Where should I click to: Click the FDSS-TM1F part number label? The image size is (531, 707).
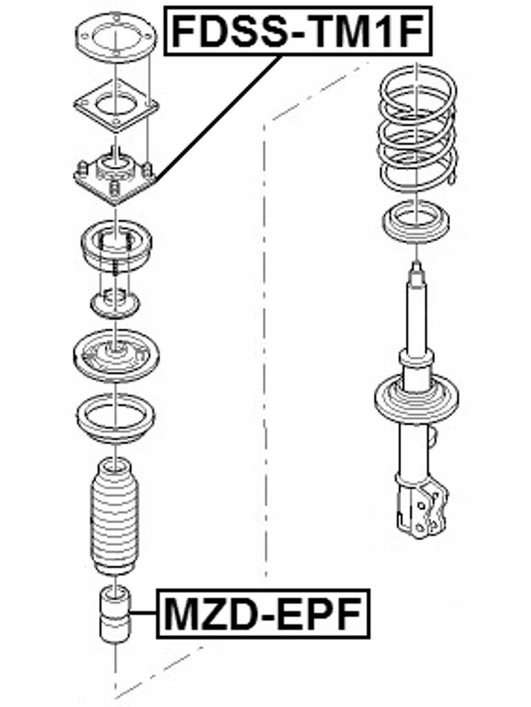coord(297,30)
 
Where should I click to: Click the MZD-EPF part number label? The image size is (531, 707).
coord(263,614)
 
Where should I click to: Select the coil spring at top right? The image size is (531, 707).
coord(417,128)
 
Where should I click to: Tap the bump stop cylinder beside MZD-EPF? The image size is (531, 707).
coord(115,615)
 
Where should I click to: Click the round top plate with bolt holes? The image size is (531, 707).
coord(116,38)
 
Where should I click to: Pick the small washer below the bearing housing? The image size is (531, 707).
coord(115,304)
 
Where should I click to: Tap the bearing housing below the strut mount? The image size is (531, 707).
coord(116,246)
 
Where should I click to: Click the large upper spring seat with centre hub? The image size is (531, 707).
coord(116,356)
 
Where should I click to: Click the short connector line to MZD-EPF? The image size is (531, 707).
coord(144,614)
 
